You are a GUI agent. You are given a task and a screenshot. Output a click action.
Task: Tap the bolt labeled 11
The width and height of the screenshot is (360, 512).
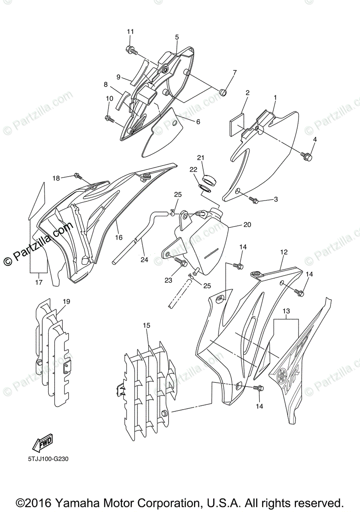131,51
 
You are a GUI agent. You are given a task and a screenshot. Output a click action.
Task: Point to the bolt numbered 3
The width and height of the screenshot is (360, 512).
254,200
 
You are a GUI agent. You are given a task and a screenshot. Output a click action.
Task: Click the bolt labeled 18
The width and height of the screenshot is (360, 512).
78,175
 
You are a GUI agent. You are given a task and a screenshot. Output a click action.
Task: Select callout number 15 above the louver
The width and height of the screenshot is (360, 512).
146,326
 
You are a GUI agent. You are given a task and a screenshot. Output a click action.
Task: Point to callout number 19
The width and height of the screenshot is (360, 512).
66,302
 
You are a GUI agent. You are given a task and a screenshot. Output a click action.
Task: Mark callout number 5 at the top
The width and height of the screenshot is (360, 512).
177,37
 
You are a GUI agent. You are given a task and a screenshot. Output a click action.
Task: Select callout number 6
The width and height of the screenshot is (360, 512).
198,122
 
